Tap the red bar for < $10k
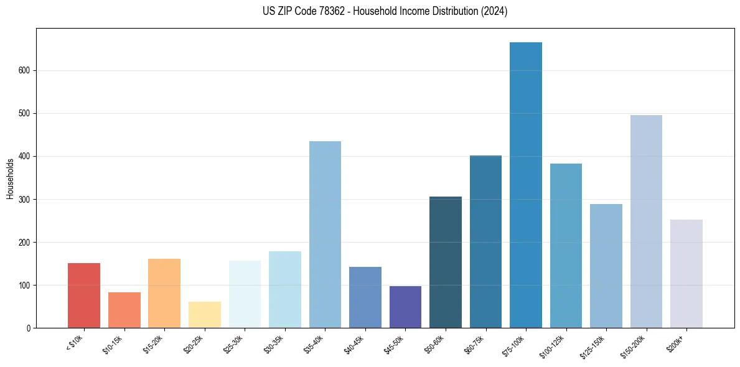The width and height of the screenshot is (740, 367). click(x=84, y=295)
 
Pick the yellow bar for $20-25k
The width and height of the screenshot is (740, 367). click(x=205, y=315)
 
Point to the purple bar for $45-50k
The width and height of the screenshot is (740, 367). click(x=405, y=307)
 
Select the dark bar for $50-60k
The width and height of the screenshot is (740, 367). click(x=446, y=262)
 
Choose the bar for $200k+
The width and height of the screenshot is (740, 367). click(x=686, y=274)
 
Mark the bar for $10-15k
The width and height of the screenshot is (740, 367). click(x=124, y=310)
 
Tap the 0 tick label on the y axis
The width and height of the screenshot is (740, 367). click(x=29, y=328)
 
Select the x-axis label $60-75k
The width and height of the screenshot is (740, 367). click(x=473, y=343)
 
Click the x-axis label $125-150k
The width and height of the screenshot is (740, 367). click(x=592, y=345)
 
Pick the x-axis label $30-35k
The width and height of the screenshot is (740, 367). click(x=273, y=343)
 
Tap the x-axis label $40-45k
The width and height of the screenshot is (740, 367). click(x=353, y=343)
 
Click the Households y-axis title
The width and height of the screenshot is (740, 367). click(x=11, y=179)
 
